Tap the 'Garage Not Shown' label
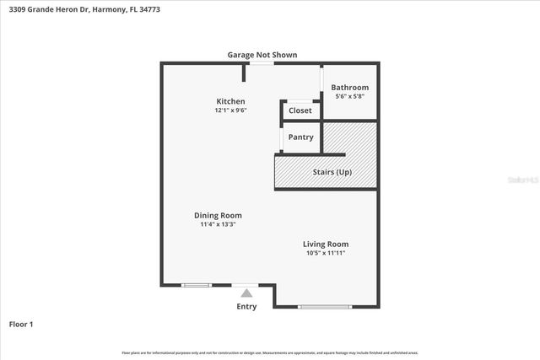point(262,55)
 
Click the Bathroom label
point(349,88)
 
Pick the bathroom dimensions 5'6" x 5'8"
point(349,97)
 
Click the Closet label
point(300,110)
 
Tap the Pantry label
point(300,137)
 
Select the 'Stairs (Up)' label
point(332,172)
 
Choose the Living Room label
point(325,244)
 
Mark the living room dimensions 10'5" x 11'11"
point(325,253)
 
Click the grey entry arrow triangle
point(246,293)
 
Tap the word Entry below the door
point(246,306)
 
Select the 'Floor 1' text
point(21,324)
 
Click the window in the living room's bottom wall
point(325,306)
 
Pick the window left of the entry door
point(196,285)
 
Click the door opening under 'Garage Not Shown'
point(262,63)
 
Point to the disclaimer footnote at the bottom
point(270,352)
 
